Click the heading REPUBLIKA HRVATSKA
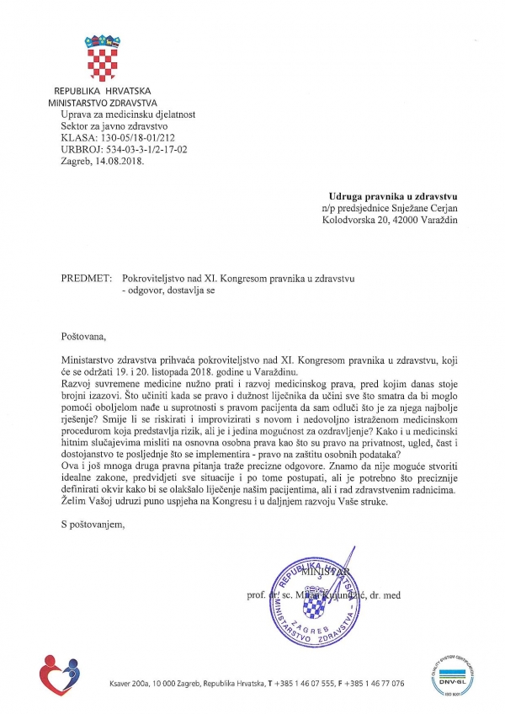click(x=103, y=91)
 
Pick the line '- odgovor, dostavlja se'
click(x=169, y=289)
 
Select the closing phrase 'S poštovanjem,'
click(x=92, y=525)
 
